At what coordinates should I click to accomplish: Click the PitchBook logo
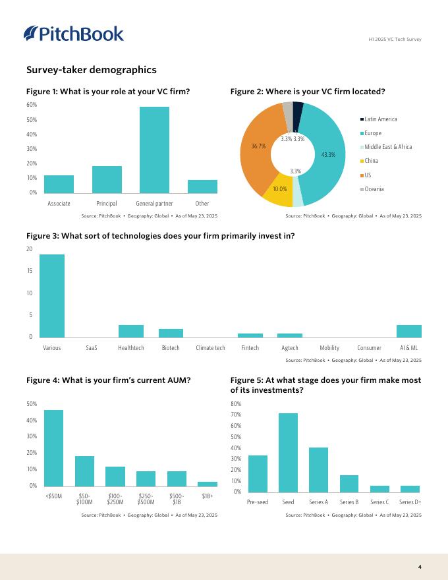[x=73, y=34]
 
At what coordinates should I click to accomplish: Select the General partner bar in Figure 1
[x=154, y=150]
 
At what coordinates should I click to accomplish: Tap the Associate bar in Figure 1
[x=59, y=184]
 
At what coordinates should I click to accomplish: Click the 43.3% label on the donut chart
[x=328, y=154]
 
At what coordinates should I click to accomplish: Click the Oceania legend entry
[x=374, y=189]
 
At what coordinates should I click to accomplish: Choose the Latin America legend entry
[x=380, y=119]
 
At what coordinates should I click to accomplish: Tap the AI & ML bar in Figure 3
[x=408, y=331]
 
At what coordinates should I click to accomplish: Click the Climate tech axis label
[x=210, y=348]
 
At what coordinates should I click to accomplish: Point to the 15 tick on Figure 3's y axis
[x=29, y=271]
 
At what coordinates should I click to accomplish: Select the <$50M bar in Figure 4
[x=53, y=448]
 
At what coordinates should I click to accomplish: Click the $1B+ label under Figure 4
[x=208, y=495]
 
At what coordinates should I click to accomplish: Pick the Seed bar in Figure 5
[x=288, y=453]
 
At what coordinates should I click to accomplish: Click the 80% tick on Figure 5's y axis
[x=237, y=403]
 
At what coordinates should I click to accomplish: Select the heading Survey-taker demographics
[x=91, y=70]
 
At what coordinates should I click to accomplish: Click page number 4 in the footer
[x=420, y=567]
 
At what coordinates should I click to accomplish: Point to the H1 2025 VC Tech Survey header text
[x=395, y=40]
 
